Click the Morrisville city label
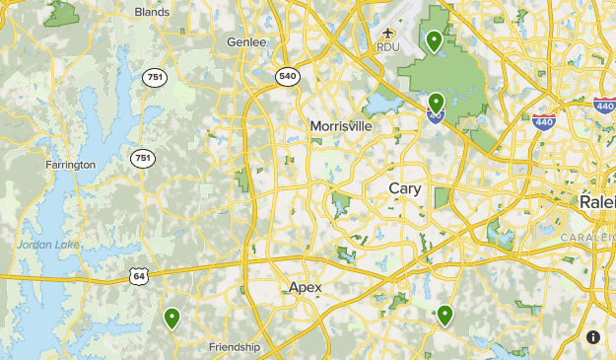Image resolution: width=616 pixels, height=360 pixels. (x=341, y=126)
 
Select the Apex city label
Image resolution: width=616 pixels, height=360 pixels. (x=306, y=287)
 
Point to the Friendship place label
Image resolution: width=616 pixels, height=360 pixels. (x=235, y=346)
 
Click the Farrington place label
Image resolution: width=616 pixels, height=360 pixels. (x=70, y=165)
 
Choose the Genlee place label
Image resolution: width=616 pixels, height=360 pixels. (x=247, y=42)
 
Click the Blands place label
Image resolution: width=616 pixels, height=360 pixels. (x=152, y=13)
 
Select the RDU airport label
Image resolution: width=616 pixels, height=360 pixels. (x=387, y=46)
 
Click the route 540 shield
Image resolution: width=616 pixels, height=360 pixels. (x=287, y=77)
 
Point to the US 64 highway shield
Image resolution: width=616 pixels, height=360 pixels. (x=139, y=277)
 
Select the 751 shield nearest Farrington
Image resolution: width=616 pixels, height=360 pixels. (x=144, y=158)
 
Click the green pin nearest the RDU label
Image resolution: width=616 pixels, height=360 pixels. (x=434, y=40)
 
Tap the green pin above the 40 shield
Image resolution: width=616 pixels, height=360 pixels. (x=436, y=102)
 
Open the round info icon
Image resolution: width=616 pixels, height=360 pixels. (x=593, y=336)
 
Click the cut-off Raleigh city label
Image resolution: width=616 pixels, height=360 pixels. (x=597, y=201)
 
